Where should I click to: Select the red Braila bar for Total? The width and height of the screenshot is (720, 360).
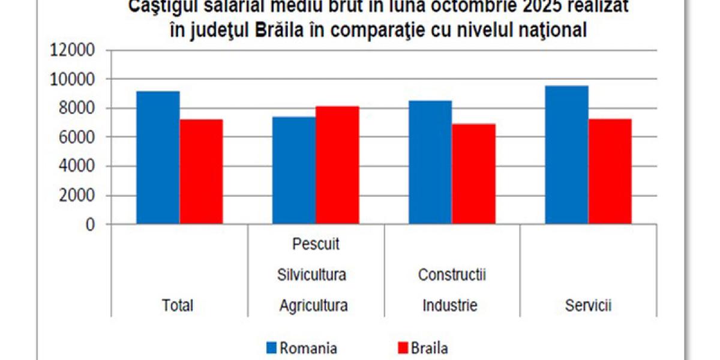(202, 172)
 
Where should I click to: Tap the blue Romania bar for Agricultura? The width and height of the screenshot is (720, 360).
(294, 170)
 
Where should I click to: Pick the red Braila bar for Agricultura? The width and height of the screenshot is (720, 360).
(338, 165)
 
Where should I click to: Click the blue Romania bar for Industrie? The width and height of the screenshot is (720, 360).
(430, 163)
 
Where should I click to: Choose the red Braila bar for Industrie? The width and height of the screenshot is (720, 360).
(473, 174)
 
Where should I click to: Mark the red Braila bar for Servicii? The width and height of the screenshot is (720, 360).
(610, 172)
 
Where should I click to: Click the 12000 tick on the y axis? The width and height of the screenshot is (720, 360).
(71, 50)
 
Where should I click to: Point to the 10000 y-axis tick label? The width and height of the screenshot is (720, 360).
(71, 79)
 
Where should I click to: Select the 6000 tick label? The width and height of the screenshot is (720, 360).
(76, 137)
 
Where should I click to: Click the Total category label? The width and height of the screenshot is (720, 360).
(178, 305)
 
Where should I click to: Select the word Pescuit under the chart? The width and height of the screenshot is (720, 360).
(316, 245)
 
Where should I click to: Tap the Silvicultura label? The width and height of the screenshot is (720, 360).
(312, 275)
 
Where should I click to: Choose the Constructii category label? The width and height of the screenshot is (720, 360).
(451, 275)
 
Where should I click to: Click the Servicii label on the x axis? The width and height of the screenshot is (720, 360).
(588, 305)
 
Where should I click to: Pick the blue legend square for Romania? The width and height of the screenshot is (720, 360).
(271, 348)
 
